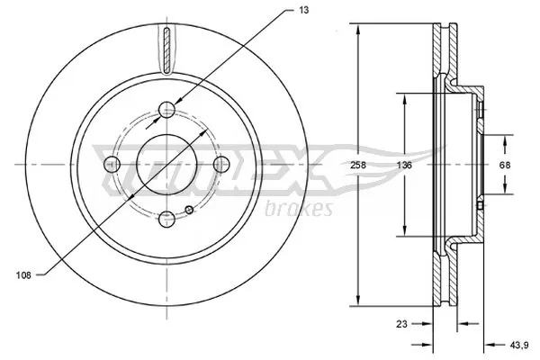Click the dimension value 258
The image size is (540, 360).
pos(356,165)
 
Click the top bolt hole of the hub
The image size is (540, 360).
pos(167,111)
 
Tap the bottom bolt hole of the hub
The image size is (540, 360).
pos(167,217)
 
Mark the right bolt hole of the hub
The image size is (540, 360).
pos(220,164)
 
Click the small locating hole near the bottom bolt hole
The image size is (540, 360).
pos(189,211)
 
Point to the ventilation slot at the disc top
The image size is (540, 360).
pos(167,50)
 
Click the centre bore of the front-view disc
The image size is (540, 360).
pos(167,164)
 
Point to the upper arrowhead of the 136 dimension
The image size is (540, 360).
pos(403,98)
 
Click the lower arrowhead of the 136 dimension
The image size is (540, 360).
pos(403,232)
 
